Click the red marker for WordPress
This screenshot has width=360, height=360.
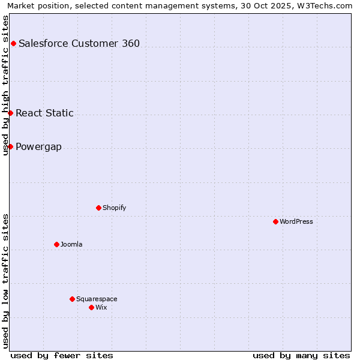click(275, 221)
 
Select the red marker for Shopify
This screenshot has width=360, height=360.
click(98, 208)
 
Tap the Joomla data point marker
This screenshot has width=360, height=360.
click(56, 244)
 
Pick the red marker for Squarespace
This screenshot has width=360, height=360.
click(72, 299)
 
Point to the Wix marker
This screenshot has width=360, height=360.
click(91, 307)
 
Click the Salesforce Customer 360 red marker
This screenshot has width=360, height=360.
click(13, 43)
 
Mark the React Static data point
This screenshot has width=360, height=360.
click(10, 113)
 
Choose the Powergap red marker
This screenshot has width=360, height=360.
click(10, 146)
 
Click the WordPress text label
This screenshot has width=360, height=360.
click(296, 221)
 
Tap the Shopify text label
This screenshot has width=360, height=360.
click(115, 208)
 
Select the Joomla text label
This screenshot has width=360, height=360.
click(71, 244)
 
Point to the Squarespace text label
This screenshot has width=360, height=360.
click(97, 299)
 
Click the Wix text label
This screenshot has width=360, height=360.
click(101, 307)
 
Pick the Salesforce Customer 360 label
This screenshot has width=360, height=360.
click(79, 43)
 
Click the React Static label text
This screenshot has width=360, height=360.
click(44, 113)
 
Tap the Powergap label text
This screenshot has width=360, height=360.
click(38, 146)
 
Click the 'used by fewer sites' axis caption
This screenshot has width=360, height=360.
click(62, 355)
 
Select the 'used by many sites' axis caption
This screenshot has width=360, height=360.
click(301, 355)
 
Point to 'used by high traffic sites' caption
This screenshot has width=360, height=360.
click(5, 85)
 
